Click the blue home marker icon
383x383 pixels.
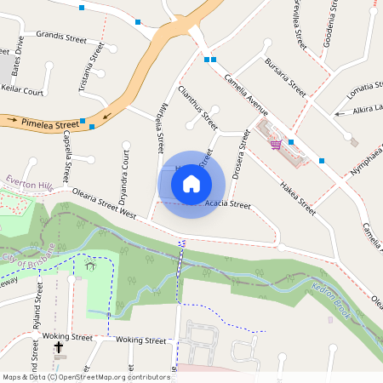(191, 183)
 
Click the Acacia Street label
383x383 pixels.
(228, 205)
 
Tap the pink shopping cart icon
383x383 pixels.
(276, 145)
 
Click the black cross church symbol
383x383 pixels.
(59, 348)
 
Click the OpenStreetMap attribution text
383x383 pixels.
(85, 376)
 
